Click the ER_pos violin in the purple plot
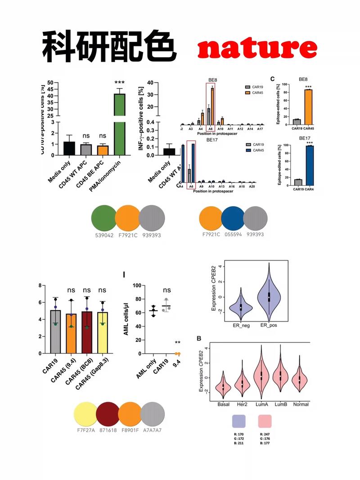269,292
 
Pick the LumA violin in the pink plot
261,373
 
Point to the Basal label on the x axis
224,404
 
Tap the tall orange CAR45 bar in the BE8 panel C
308,107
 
